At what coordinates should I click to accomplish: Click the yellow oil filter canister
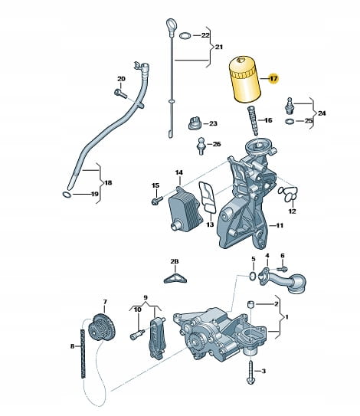point(244,79)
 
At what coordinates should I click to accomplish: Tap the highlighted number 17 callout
point(273,79)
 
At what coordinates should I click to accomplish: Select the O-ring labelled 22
point(185,35)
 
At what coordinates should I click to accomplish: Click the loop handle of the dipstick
point(171,25)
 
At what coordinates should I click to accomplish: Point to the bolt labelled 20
point(121,93)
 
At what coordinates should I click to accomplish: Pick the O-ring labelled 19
point(67,195)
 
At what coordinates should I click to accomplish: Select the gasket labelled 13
point(208,198)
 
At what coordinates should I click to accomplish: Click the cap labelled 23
point(195,123)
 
